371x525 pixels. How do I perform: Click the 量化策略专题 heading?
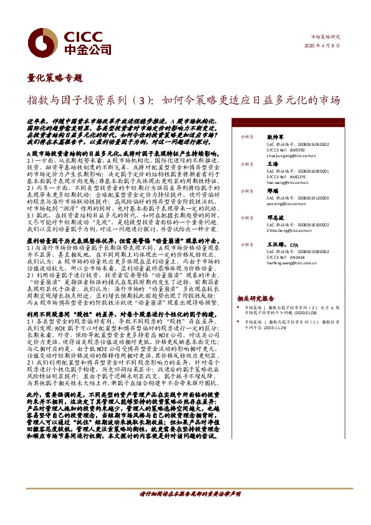click(x=55, y=79)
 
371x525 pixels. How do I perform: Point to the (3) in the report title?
click(x=144, y=100)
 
